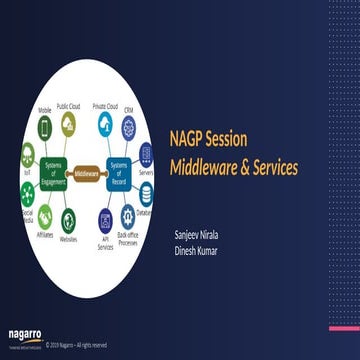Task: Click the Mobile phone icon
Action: click(x=44, y=128)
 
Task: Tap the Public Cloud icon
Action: click(x=69, y=122)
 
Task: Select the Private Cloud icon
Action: click(x=105, y=122)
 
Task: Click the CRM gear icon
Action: click(x=129, y=127)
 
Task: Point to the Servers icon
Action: click(x=146, y=153)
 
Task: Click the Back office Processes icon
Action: click(x=129, y=215)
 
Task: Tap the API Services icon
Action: click(x=106, y=220)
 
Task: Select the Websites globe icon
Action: click(x=69, y=220)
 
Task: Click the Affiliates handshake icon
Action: click(x=44, y=214)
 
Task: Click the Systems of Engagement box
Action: click(x=54, y=171)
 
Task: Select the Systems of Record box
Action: click(x=119, y=171)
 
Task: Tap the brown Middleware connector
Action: click(x=87, y=171)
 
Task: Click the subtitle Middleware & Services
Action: click(x=232, y=166)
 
